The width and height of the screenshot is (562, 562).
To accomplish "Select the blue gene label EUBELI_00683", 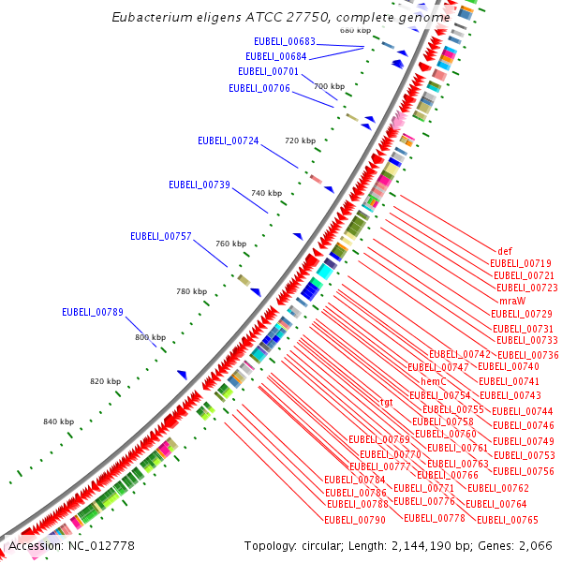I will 285,41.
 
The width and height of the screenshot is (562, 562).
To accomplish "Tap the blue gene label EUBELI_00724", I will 228,140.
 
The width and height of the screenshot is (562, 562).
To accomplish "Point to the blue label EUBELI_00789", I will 93,312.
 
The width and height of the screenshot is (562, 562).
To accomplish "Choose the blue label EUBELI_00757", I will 160,236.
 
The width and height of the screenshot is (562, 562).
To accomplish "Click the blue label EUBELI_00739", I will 199,185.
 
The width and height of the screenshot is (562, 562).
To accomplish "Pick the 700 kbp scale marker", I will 329,86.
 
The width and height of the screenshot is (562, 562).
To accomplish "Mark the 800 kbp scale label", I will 150,337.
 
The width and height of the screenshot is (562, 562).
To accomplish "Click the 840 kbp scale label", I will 58,422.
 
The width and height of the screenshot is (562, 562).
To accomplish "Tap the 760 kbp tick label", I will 230,244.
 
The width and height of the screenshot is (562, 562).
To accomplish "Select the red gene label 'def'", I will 505,251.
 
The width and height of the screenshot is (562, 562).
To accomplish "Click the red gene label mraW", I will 511,301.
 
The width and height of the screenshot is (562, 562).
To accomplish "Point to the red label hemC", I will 433,381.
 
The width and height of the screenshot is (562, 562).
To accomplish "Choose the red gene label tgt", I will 386,402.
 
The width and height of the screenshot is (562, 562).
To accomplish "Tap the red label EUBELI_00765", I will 508,520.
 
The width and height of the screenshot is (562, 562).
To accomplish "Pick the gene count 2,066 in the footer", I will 538,545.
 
